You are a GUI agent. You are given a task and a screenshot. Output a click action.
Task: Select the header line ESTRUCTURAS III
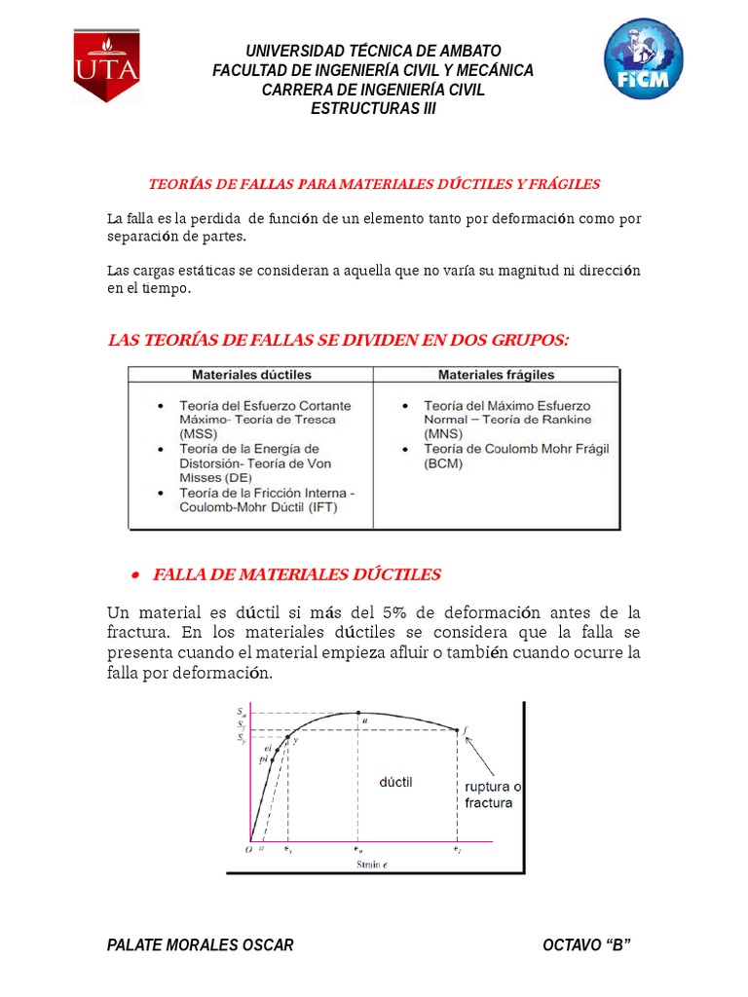click(x=373, y=108)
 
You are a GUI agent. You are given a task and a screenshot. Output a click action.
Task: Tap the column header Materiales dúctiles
click(x=251, y=374)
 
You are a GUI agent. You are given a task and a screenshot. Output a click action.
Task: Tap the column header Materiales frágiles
click(x=496, y=374)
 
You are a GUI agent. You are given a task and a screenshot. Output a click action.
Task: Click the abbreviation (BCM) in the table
click(x=443, y=463)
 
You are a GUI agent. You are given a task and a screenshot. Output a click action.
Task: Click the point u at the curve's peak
click(x=358, y=713)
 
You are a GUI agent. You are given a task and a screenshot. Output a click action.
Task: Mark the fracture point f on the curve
click(x=459, y=730)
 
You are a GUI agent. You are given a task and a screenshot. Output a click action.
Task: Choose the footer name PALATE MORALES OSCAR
click(x=200, y=945)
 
